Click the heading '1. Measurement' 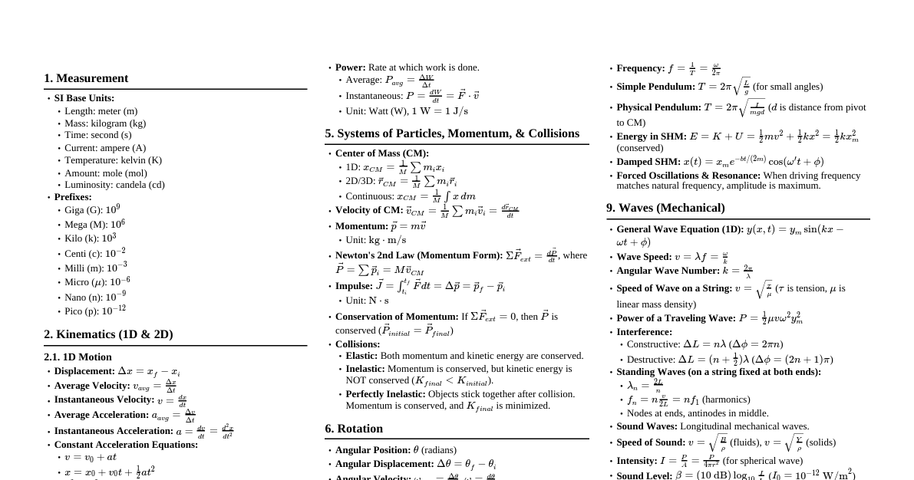pyautogui.click(x=86, y=78)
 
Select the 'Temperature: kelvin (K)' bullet pyautogui.click(x=113, y=160)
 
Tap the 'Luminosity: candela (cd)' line pyautogui.click(x=114, y=185)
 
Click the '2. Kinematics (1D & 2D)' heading pyautogui.click(x=108, y=334)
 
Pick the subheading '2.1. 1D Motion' pyautogui.click(x=78, y=357)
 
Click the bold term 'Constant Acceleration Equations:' pyautogui.click(x=126, y=445)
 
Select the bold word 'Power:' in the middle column pyautogui.click(x=350, y=67)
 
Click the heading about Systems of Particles pyautogui.click(x=452, y=133)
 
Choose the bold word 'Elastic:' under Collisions pyautogui.click(x=361, y=356)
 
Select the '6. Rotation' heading pyautogui.click(x=354, y=429)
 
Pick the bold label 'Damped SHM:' pyautogui.click(x=648, y=162)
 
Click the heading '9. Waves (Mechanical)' pyautogui.click(x=665, y=208)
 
